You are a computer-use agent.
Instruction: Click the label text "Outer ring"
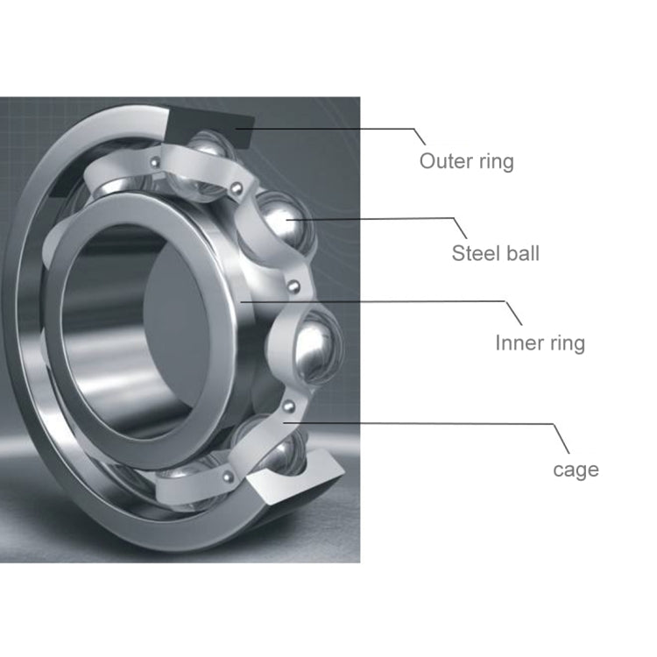click(x=466, y=161)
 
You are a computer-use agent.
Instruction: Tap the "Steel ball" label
click(x=495, y=254)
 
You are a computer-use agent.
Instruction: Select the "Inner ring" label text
click(x=540, y=343)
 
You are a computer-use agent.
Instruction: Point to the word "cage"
click(x=576, y=470)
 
